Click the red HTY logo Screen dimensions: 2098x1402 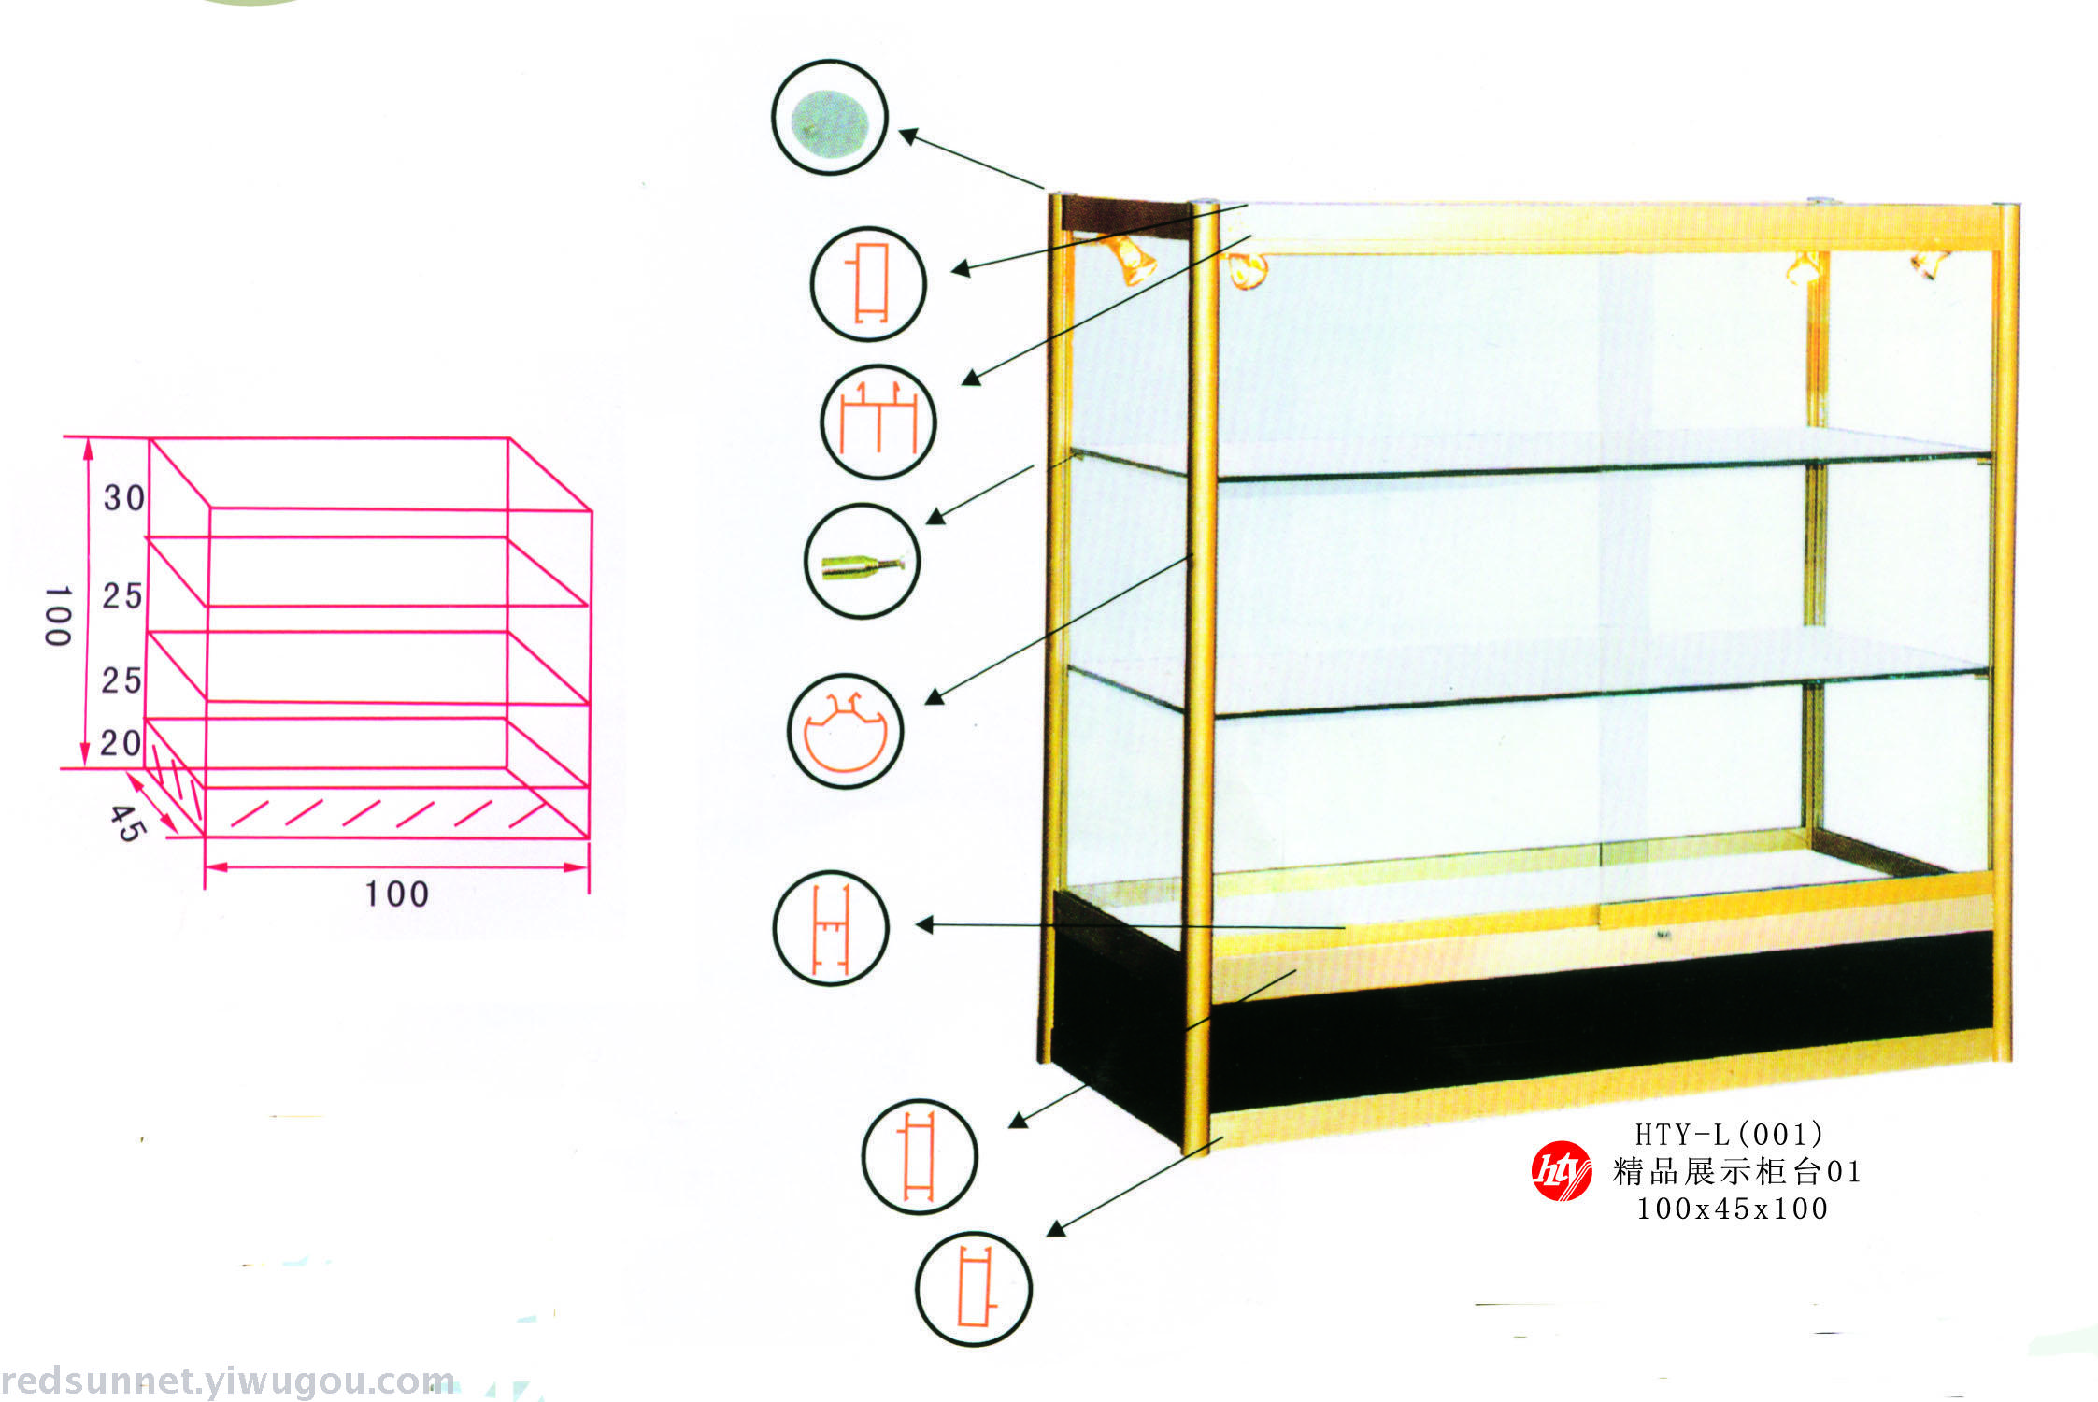click(1561, 1171)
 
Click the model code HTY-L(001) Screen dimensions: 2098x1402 click(1729, 1135)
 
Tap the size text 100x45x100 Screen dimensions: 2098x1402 click(1732, 1209)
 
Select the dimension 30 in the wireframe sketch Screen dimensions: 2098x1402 click(124, 498)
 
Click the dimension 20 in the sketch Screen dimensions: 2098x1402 click(121, 743)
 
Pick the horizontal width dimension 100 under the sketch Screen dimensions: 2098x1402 click(396, 894)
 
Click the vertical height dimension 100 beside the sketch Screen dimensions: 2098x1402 click(58, 616)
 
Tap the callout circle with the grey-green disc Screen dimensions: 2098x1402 click(829, 118)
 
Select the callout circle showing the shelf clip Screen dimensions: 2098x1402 click(863, 561)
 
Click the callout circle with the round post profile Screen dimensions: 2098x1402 click(846, 731)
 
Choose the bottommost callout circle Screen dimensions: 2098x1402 click(974, 1289)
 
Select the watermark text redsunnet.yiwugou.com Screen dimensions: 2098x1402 click(228, 1381)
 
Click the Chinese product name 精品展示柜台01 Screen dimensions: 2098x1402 click(1736, 1172)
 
